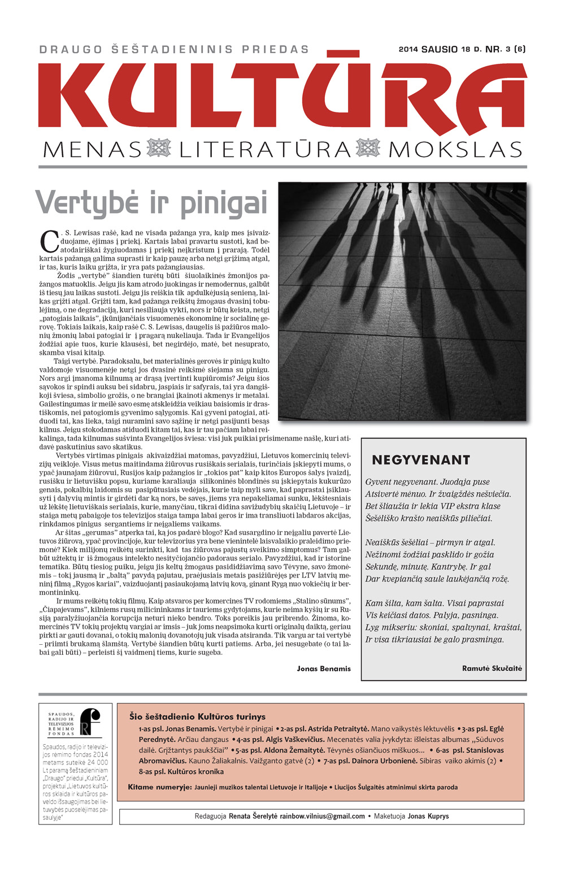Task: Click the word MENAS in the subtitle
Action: coord(92,150)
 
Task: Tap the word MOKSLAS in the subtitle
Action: coord(455,150)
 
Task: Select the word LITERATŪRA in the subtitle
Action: coord(265,150)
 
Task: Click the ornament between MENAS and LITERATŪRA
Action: coord(158,149)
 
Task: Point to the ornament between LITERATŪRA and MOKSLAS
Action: coord(368,149)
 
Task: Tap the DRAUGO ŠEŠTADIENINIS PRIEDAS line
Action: coord(174,49)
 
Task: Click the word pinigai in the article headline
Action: coord(224,204)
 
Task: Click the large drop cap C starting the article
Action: coord(49,242)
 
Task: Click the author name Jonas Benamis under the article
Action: coord(324,668)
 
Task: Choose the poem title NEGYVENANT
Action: coord(421,460)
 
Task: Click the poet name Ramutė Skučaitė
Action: coord(492,668)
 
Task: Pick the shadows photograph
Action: coord(402,301)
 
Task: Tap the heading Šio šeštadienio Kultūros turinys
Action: coord(197,716)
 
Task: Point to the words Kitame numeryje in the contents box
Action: coord(159,787)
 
